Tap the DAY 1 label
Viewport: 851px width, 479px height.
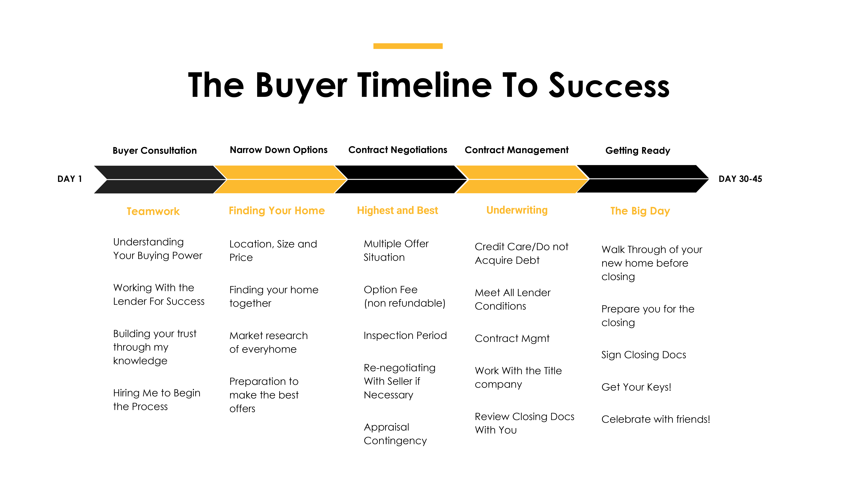pyautogui.click(x=69, y=179)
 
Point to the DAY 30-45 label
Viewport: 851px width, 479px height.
pyautogui.click(x=740, y=179)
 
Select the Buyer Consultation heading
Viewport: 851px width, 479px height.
pyautogui.click(x=155, y=151)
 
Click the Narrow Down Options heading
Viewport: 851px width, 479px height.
pyautogui.click(x=278, y=150)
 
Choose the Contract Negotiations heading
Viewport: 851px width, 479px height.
pyautogui.click(x=398, y=150)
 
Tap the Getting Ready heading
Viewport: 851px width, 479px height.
pyautogui.click(x=638, y=151)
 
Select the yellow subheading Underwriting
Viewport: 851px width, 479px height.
pyautogui.click(x=517, y=210)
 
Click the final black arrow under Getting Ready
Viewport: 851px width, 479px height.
pyautogui.click(x=643, y=179)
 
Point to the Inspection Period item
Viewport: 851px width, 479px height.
pyautogui.click(x=405, y=336)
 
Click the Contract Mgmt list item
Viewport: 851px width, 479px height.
pyautogui.click(x=512, y=338)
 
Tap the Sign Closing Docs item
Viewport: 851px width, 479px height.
pyautogui.click(x=643, y=355)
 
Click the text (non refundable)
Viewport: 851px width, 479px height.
pyautogui.click(x=405, y=303)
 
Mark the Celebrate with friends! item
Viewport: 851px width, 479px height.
pyautogui.click(x=656, y=419)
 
